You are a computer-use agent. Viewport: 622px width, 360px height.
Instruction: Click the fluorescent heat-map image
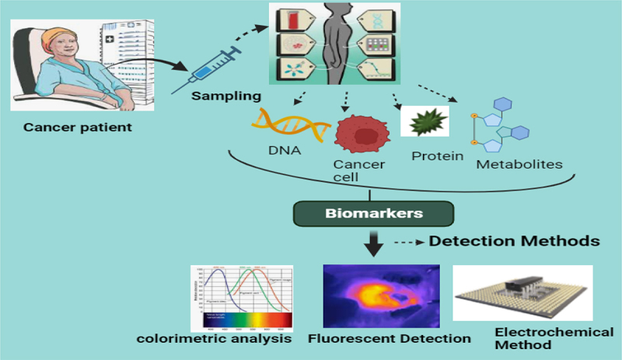tap(382, 295)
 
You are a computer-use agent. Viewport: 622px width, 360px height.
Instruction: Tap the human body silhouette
tap(342, 47)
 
